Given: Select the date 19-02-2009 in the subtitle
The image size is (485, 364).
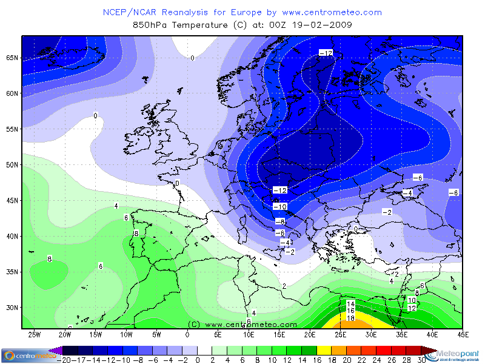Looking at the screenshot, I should tap(321, 25).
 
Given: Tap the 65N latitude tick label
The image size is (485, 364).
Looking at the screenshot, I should tap(12, 58).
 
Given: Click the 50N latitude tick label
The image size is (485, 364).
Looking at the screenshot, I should tap(12, 164).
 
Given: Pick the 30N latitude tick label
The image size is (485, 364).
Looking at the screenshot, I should tap(12, 307).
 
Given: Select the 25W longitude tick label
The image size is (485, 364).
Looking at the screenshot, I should tap(35, 334).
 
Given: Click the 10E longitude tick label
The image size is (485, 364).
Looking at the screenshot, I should tap(249, 334).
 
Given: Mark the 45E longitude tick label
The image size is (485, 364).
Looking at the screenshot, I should tap(463, 334).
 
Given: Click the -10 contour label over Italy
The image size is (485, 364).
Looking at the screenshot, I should tap(279, 207).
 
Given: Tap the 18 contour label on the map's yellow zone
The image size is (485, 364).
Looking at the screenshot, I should tap(350, 318).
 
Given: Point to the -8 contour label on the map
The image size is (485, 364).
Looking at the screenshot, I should tap(279, 221).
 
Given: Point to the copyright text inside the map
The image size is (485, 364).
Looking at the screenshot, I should tap(242, 325).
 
